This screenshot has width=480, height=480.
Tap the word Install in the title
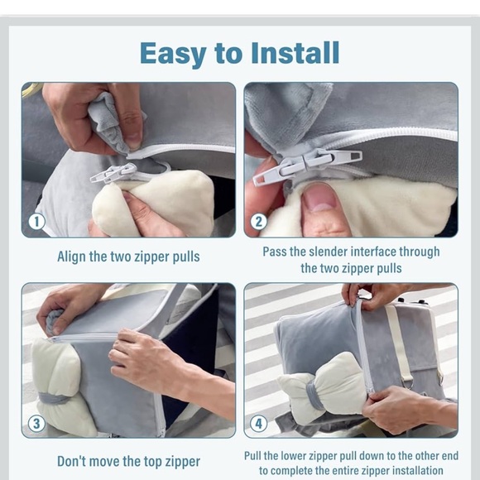(x=295, y=53)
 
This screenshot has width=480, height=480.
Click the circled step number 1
(x=36, y=222)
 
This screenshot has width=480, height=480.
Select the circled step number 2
(x=259, y=222)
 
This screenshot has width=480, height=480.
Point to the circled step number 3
(x=36, y=424)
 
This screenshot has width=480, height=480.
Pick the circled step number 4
(x=259, y=424)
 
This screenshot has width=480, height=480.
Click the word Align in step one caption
(x=72, y=257)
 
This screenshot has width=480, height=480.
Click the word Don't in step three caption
(x=71, y=461)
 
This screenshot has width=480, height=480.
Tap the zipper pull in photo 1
(x=113, y=173)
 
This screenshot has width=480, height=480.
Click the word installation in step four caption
(x=418, y=470)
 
